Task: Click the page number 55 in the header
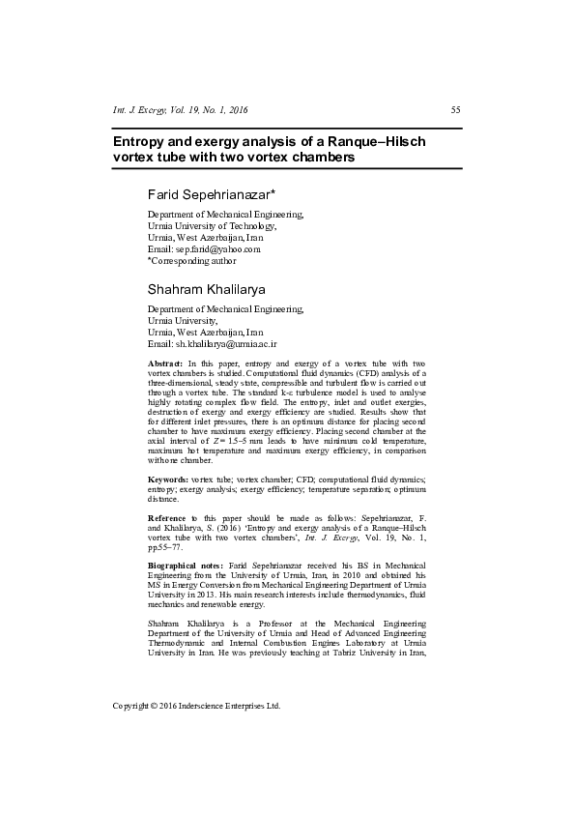[x=455, y=110]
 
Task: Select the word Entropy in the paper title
[x=141, y=141]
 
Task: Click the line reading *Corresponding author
[x=191, y=260]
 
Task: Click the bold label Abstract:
[x=164, y=362]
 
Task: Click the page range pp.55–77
[x=170, y=546]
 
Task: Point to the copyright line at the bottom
[x=197, y=706]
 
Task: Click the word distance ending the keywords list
[x=162, y=500]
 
